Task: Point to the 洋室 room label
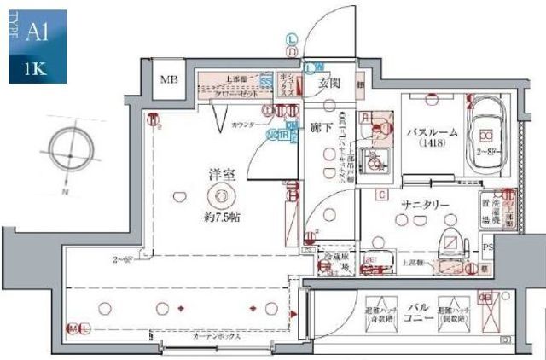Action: tap(221, 174)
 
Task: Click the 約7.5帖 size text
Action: tap(222, 217)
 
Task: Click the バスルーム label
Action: tap(433, 132)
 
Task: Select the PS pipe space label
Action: tap(487, 248)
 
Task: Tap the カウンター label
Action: tap(247, 125)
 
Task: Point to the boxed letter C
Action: tap(385, 193)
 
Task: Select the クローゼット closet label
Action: tap(232, 95)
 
